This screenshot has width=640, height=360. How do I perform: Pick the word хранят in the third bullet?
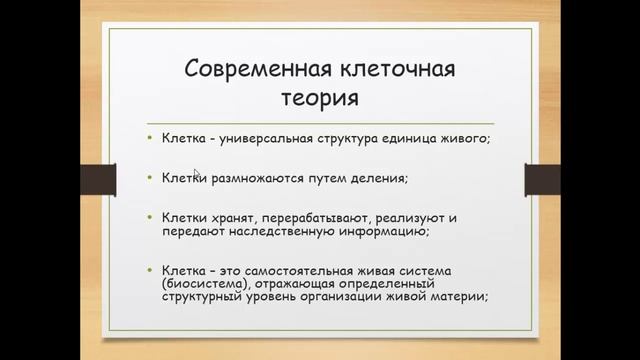coord(226,217)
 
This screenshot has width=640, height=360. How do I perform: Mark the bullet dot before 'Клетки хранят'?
coord(149,216)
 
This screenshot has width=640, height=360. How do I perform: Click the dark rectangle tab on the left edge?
coord(97,180)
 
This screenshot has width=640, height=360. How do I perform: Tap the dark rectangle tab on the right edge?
coord(542,180)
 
